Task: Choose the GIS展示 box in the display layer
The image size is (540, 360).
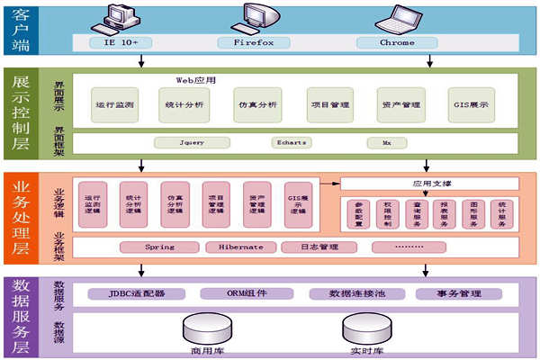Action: tap(469, 105)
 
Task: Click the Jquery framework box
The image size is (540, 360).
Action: tap(192, 142)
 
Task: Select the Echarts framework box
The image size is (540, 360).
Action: tap(291, 142)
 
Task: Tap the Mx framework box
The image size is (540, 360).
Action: tap(386, 142)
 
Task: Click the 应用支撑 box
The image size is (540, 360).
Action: tap(430, 184)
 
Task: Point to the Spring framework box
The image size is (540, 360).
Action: tap(159, 247)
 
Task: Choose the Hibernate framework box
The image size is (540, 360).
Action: tap(238, 247)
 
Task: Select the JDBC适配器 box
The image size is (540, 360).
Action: tap(138, 293)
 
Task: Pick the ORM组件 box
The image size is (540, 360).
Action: tap(247, 293)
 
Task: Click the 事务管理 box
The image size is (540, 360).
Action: tap(458, 293)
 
